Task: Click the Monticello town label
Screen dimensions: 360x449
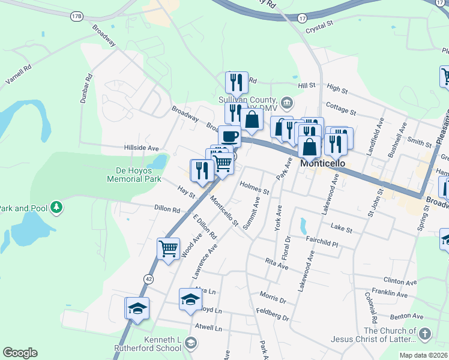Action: [323, 163]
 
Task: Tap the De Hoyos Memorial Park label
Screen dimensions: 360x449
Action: [134, 175]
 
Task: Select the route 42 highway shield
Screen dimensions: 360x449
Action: [148, 278]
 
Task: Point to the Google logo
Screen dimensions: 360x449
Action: [20, 353]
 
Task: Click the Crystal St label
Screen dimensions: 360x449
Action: [319, 28]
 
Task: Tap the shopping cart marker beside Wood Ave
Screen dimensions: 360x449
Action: [169, 248]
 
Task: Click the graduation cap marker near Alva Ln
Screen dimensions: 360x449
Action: [190, 299]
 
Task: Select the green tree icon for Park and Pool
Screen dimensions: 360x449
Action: [57, 207]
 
